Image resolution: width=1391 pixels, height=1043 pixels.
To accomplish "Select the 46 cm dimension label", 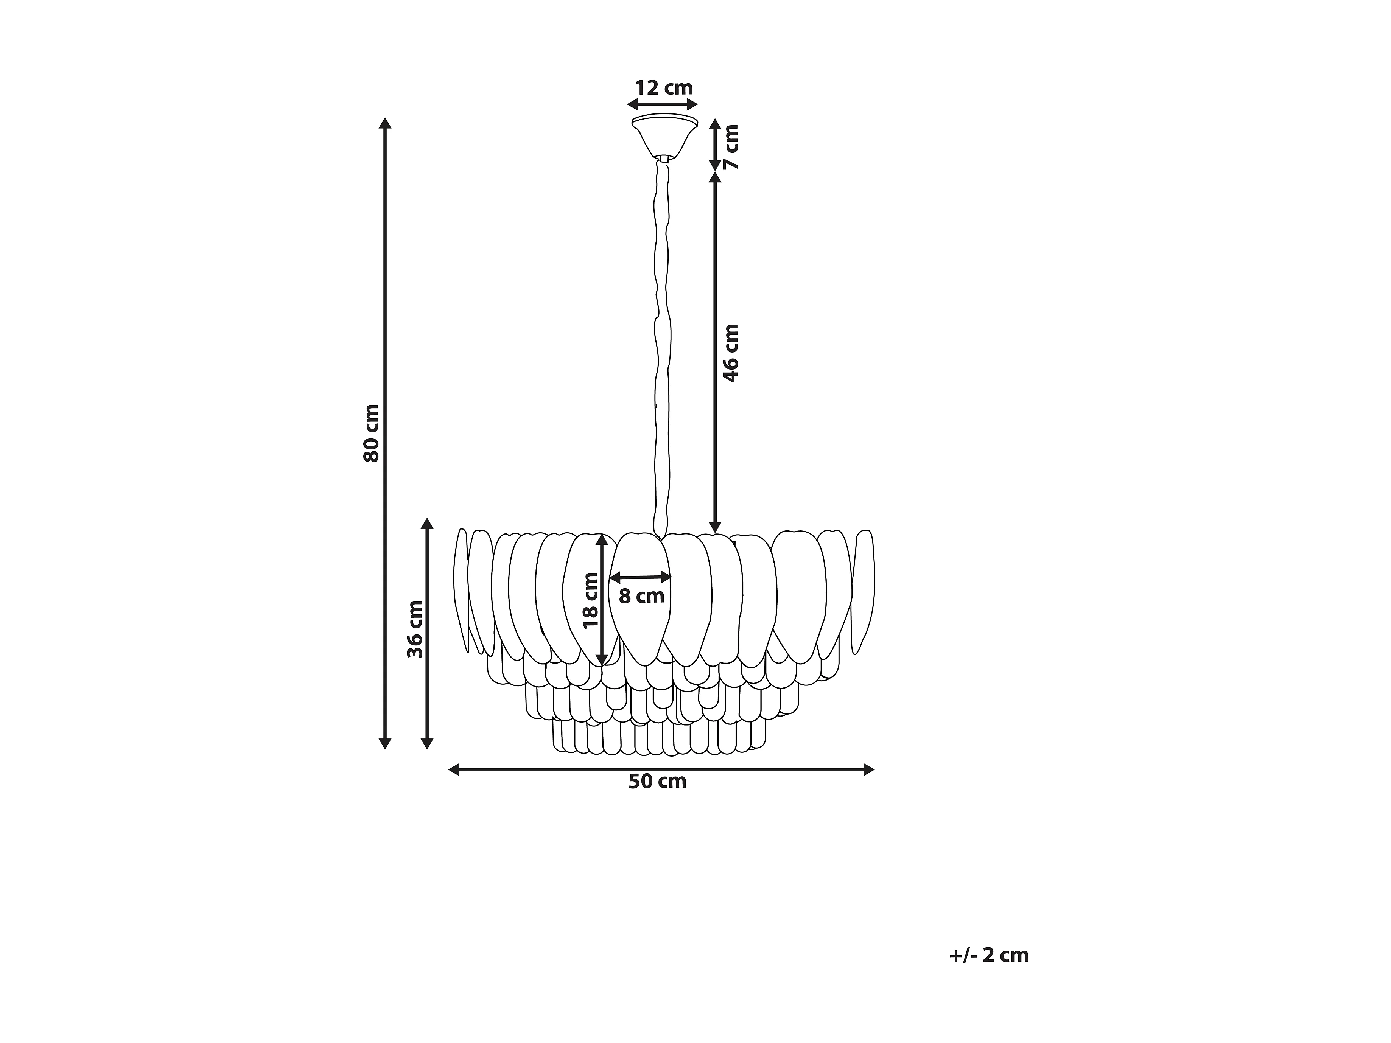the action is pyautogui.click(x=731, y=353).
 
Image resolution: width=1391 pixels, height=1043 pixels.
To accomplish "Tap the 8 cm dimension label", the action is pyautogui.click(x=641, y=596).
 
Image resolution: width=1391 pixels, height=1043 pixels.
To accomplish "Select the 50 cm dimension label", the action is pyautogui.click(x=658, y=782).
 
